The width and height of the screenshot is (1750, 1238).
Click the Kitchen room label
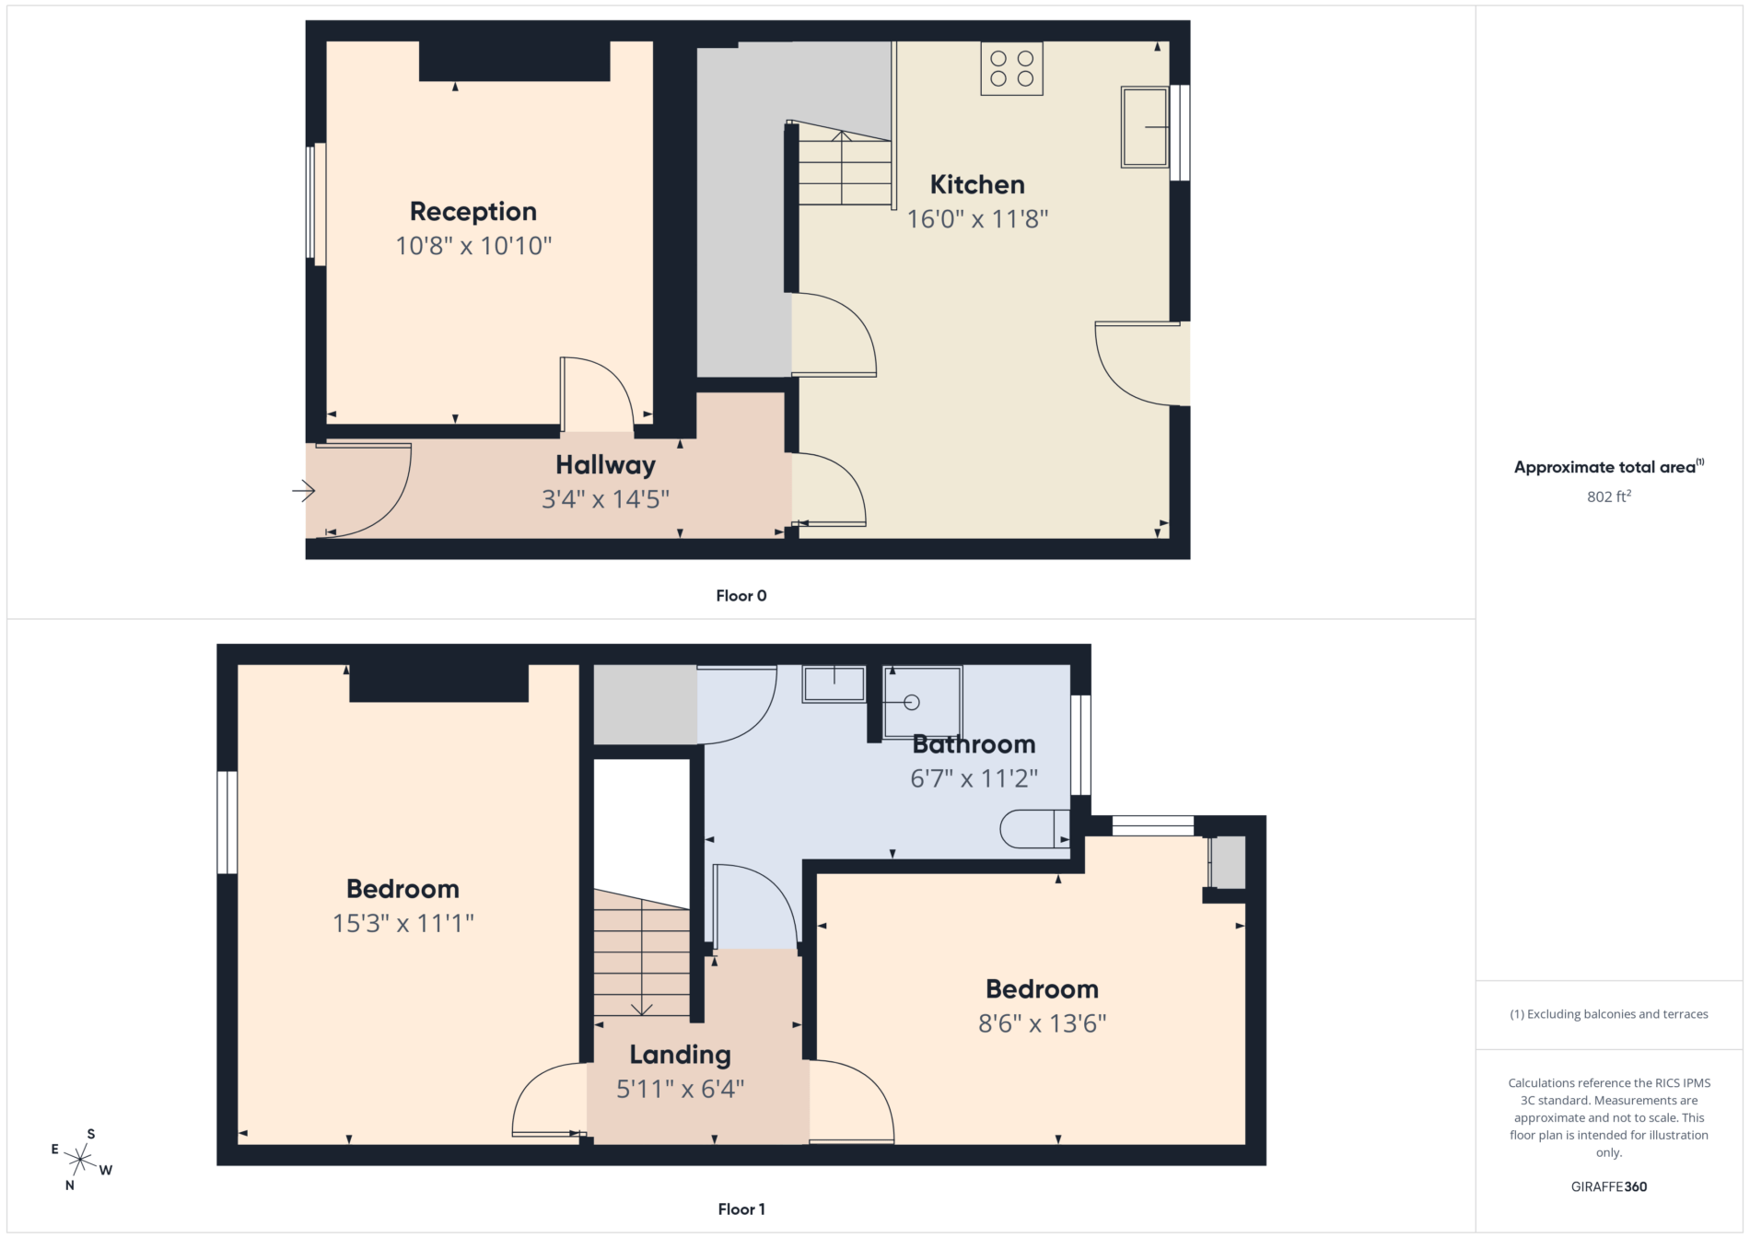pos(977,184)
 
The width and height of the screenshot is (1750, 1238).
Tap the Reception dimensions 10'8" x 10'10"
pos(473,246)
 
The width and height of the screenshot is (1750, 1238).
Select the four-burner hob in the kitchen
pos(1011,68)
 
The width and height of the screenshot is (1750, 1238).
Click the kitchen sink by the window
pos(1145,127)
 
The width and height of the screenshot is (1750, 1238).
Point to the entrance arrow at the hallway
pos(304,491)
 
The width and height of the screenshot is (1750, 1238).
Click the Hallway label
pos(605,465)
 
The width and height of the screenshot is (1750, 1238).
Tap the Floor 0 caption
pos(741,596)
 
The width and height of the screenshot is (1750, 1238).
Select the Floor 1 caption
pos(741,1209)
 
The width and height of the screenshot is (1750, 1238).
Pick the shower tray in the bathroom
pos(923,703)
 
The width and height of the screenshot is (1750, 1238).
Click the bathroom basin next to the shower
pos(834,684)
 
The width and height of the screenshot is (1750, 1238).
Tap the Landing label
pos(681,1055)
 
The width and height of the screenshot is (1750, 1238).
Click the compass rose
pos(81,1159)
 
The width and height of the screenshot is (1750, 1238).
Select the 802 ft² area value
pos(1609,496)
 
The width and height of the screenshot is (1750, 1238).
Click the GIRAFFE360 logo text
pos(1609,1186)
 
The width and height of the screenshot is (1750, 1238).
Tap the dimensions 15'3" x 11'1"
pos(403,923)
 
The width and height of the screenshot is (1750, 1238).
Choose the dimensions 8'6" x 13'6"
pos(1043,1023)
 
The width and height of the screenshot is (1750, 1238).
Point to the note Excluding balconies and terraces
pos(1609,1014)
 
